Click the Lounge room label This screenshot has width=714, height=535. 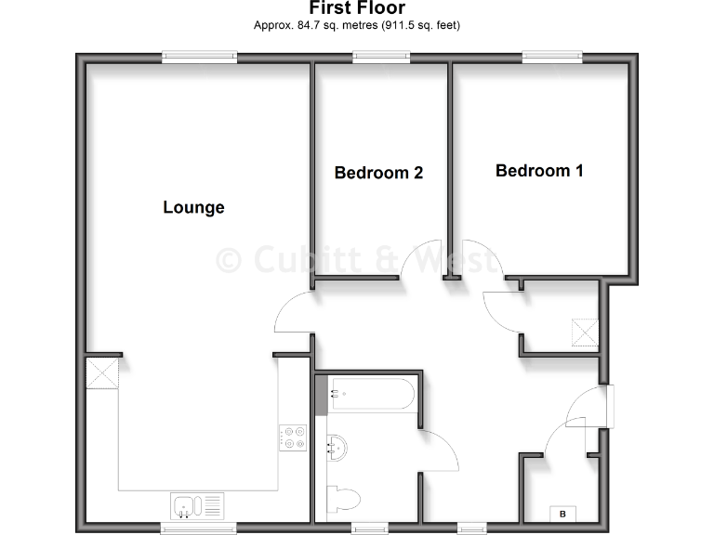click(x=193, y=207)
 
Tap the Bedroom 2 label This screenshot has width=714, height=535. click(x=378, y=173)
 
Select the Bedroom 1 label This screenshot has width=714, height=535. click(x=539, y=171)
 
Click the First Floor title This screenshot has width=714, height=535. click(x=357, y=8)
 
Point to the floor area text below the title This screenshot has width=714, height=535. click(x=357, y=25)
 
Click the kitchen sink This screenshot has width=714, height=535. click(x=186, y=507)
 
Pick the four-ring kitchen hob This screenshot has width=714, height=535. click(x=294, y=437)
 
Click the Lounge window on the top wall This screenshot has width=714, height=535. click(x=199, y=58)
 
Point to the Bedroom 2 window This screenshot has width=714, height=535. click(x=381, y=58)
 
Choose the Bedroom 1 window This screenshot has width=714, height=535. click(x=553, y=58)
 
